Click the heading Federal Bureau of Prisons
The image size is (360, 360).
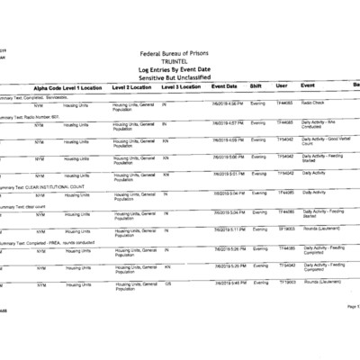point(181,53)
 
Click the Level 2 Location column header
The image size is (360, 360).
point(132,87)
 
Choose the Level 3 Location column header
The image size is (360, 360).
point(182,87)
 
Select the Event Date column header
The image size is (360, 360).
point(225,86)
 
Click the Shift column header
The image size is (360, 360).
point(256,86)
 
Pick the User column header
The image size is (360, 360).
point(282,86)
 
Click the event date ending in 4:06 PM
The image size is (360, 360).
point(228,103)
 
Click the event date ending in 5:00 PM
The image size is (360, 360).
point(228,157)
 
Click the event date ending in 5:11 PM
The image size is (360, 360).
point(228,229)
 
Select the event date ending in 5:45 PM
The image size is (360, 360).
point(228,283)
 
